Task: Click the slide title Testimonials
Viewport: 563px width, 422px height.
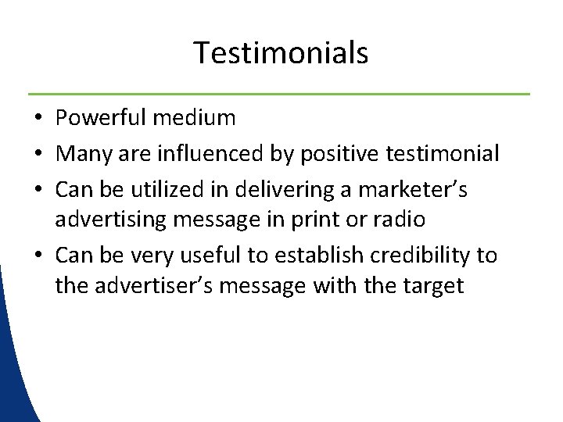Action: click(x=281, y=53)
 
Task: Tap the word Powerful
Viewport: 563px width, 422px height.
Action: click(x=101, y=118)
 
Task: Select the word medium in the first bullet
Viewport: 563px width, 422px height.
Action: click(x=195, y=118)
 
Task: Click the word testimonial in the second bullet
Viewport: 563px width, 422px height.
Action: click(x=443, y=153)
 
